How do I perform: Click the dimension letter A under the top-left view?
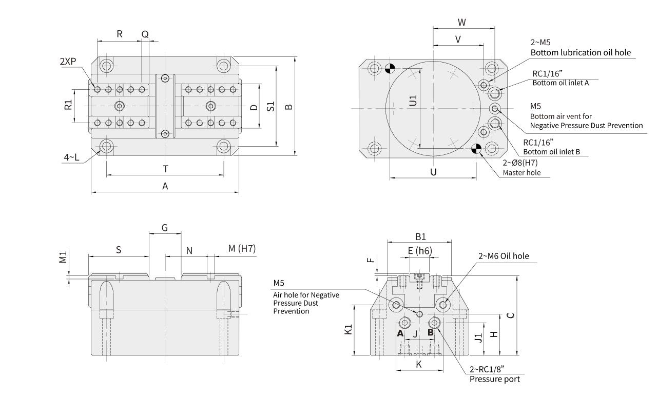(165, 187)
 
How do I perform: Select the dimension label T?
(165, 169)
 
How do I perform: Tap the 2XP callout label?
(67, 61)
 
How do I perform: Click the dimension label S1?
(271, 106)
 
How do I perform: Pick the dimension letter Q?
(145, 34)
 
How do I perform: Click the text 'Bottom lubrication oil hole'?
(581, 52)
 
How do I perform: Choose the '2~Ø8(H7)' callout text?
(521, 163)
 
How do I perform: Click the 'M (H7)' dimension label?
(242, 249)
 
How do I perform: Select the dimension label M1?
(63, 257)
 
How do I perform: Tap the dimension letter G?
(165, 227)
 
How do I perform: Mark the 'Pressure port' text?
(495, 379)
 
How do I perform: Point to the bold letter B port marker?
(431, 332)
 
